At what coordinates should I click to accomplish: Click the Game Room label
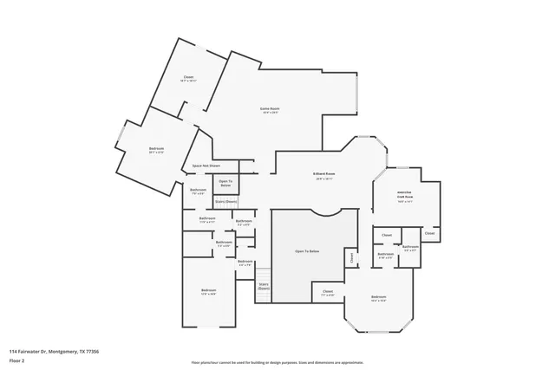(270, 108)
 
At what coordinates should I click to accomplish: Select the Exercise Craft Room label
(404, 194)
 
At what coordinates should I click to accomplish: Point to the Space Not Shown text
(206, 166)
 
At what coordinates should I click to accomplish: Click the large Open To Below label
(307, 250)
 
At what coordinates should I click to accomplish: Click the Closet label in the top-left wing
(188, 77)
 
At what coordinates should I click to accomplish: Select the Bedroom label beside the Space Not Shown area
(156, 149)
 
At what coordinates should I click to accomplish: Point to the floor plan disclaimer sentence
(277, 362)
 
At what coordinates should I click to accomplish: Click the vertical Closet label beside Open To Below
(351, 257)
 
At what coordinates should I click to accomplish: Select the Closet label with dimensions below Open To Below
(327, 291)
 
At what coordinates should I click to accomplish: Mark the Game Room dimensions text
(270, 114)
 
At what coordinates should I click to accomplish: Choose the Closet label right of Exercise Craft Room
(429, 233)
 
